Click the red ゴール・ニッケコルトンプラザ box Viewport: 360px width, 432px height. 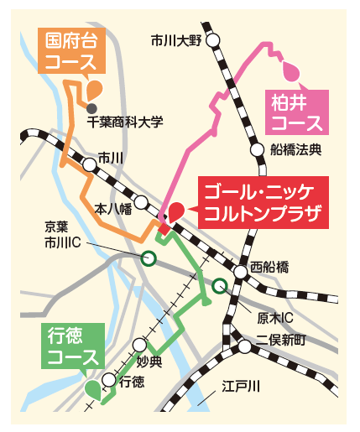(257, 202)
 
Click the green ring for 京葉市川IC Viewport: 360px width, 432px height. (149, 258)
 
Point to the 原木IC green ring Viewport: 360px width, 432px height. (220, 287)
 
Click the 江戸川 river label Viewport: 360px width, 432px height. (241, 386)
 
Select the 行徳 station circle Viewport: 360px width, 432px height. (107, 380)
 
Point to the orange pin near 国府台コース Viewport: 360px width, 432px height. (93, 87)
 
